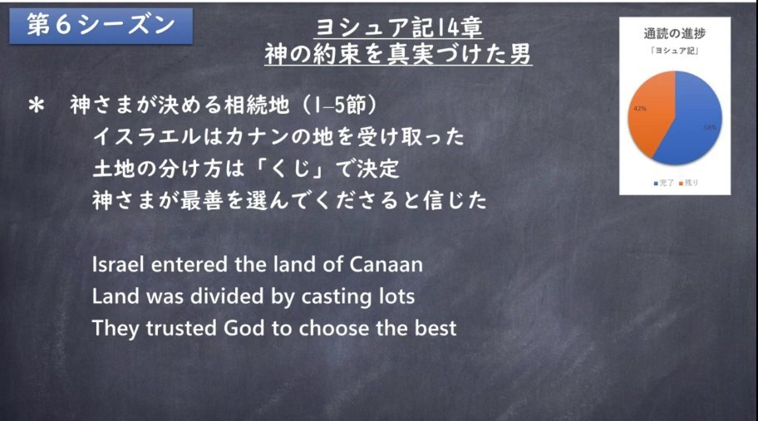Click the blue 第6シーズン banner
pos(101,26)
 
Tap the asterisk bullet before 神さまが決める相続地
pos(37,105)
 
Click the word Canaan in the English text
pos(386,265)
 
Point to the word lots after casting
pos(396,296)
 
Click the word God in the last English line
pos(244,328)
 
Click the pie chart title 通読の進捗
pos(674,33)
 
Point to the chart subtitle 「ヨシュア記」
pos(674,50)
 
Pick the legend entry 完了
pos(664,183)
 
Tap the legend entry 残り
pos(689,183)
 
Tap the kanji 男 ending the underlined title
pos(520,54)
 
